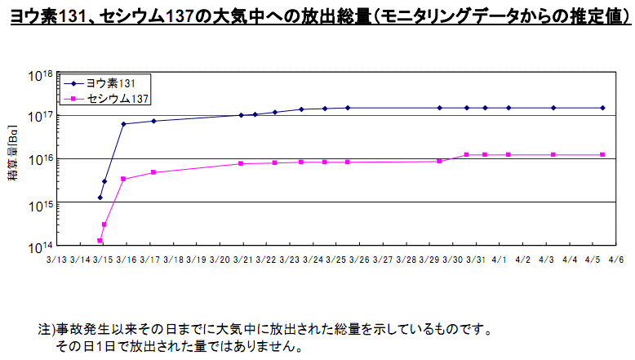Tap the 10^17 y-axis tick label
(41, 117)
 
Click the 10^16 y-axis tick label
(41, 159)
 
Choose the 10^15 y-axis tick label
(41, 202)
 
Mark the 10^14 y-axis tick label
(41, 245)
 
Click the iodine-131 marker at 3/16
(123, 124)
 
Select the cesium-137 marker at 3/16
(123, 179)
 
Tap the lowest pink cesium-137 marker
(100, 241)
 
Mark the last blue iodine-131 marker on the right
(602, 108)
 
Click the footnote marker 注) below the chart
(47, 331)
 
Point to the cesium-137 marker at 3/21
(241, 163)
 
